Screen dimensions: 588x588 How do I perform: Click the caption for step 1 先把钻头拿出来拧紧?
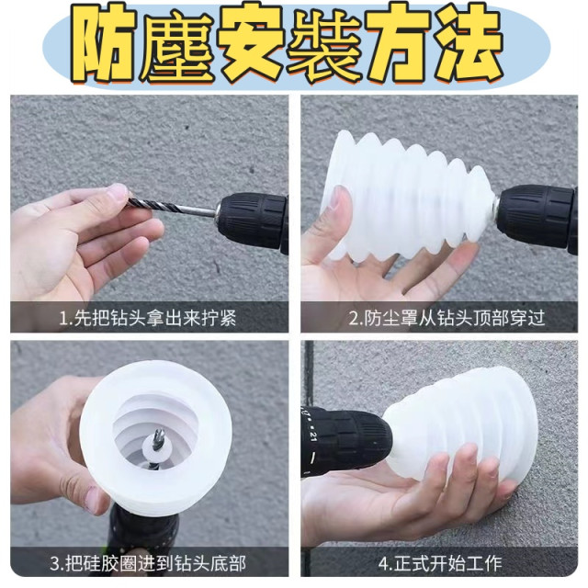coord(152,318)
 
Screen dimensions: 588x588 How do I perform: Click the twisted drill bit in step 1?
coord(175,209)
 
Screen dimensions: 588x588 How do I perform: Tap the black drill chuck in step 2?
coord(537,216)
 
